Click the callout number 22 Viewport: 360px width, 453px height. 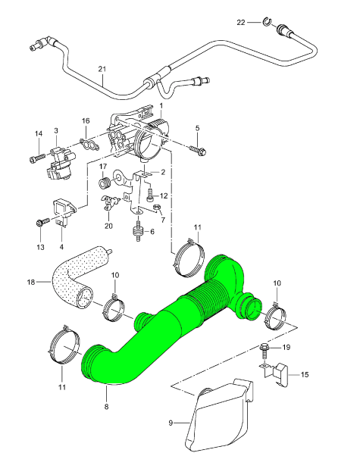point(241,23)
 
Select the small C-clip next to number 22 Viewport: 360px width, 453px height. point(267,21)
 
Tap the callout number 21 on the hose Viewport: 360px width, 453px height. point(102,69)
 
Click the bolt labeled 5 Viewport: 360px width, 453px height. point(198,150)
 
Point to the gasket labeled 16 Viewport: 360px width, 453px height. point(89,145)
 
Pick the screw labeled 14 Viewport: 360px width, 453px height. point(37,158)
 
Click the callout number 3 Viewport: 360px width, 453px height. point(56,130)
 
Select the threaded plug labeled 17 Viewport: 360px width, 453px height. point(105,183)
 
